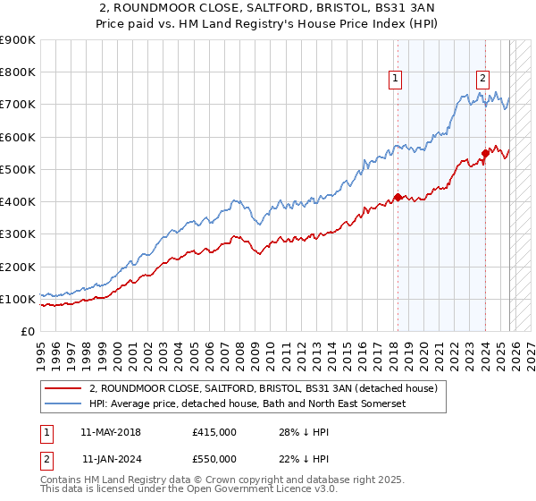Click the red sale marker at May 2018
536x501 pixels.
(x=397, y=197)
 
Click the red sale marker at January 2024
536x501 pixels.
(x=483, y=153)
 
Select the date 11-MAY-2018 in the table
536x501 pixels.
(x=110, y=432)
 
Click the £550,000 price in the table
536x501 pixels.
(x=214, y=459)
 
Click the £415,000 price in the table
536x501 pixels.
(x=214, y=432)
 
